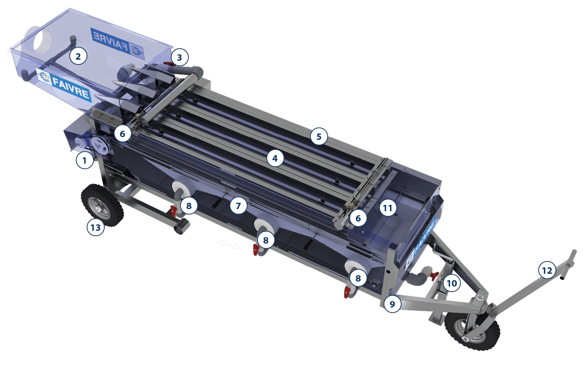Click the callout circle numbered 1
pyautogui.click(x=85, y=160)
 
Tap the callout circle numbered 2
pyautogui.click(x=78, y=56)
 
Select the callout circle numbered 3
pyautogui.click(x=180, y=57)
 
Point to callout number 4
pyautogui.click(x=275, y=158)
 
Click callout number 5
pyautogui.click(x=319, y=136)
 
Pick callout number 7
pyautogui.click(x=238, y=206)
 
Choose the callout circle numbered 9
pyautogui.click(x=392, y=304)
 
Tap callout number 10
pyautogui.click(x=452, y=283)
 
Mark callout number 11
pyautogui.click(x=388, y=208)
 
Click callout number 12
pyautogui.click(x=547, y=270)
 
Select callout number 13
pyautogui.click(x=96, y=227)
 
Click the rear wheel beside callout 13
pyautogui.click(x=102, y=205)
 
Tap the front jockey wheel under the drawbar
pyautogui.click(x=472, y=331)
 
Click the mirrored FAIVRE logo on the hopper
pyautogui.click(x=117, y=42)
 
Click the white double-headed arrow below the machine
pyautogui.click(x=229, y=244)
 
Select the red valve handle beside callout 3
pyautogui.click(x=167, y=64)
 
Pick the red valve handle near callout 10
pyautogui.click(x=434, y=276)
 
